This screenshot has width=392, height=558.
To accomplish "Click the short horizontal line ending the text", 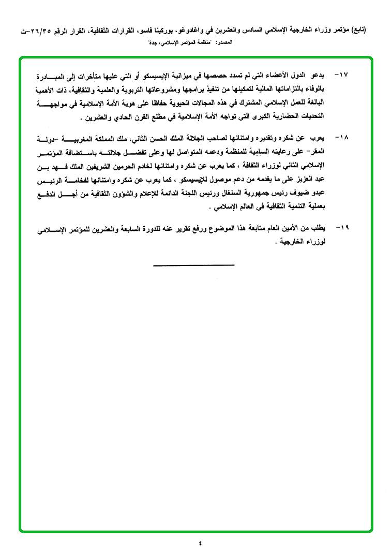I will click(x=193, y=266).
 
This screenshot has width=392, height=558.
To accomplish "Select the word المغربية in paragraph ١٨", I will click(x=92, y=139).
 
